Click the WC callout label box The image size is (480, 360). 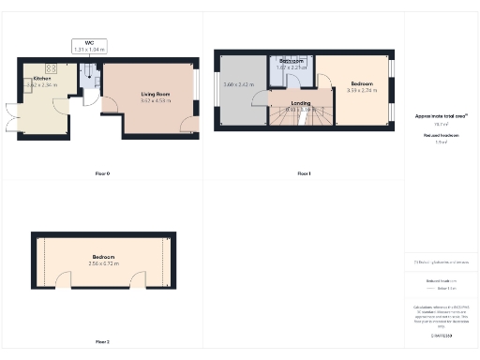click(88, 45)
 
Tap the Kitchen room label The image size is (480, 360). click(41, 78)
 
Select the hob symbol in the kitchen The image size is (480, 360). click(52, 67)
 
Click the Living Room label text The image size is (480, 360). click(154, 94)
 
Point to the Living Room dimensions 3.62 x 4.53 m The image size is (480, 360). click(154, 100)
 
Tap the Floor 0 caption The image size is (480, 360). click(102, 174)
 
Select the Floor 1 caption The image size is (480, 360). click(304, 174)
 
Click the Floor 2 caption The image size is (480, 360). click(102, 341)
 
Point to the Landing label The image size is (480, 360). click(300, 103)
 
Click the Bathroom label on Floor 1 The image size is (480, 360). click(291, 61)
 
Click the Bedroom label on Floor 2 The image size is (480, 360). click(103, 257)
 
